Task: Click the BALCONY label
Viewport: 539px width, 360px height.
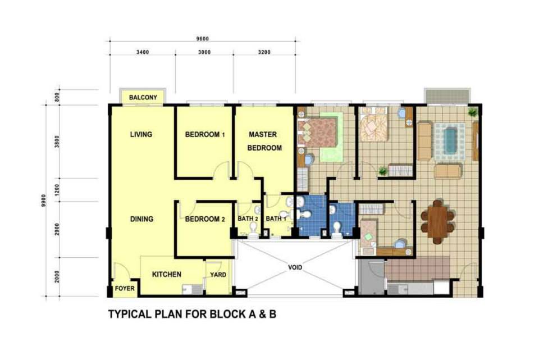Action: [143, 97]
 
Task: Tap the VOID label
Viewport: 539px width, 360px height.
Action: [295, 267]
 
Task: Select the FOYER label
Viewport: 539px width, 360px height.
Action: [125, 288]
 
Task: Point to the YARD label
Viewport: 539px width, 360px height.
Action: [218, 275]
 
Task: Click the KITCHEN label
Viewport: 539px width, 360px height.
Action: [167, 275]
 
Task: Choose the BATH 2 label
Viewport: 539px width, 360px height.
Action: [248, 218]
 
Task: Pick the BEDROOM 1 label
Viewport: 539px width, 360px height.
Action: [205, 134]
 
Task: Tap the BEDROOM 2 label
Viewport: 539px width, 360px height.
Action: [205, 219]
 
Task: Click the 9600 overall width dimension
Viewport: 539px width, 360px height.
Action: [203, 39]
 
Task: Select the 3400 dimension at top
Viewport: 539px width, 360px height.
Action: [143, 52]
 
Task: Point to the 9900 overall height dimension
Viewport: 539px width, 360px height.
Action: [44, 200]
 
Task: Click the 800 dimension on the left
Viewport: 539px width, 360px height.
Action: [57, 97]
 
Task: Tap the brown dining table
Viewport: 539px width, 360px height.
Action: [437, 222]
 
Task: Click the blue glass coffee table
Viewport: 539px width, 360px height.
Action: [450, 140]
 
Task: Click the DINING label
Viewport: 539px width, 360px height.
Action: [141, 219]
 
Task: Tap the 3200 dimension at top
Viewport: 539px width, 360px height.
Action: [264, 52]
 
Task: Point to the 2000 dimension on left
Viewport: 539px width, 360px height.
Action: [57, 277]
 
